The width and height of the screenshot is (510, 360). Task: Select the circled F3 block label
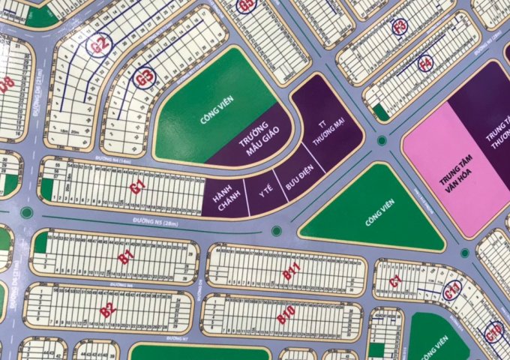click(x=400, y=27)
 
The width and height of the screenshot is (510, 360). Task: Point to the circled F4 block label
click(x=424, y=64)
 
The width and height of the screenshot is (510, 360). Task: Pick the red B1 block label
click(x=126, y=258)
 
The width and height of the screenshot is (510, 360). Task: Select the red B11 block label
click(x=291, y=274)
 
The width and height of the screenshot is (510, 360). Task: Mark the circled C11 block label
click(x=451, y=293)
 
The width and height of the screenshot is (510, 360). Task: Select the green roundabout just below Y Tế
click(x=276, y=230)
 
